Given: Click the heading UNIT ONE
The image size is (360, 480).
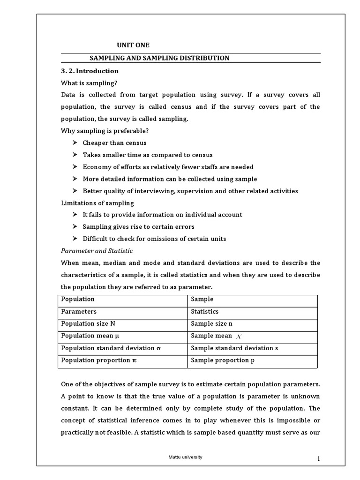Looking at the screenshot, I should (x=133, y=45).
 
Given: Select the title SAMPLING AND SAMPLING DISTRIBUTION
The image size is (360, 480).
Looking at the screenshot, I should (x=159, y=58).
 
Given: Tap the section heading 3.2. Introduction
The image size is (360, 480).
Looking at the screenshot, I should (x=90, y=71).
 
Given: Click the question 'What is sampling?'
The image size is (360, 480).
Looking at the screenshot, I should (x=89, y=83).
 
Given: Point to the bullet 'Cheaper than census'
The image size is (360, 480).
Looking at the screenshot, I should (x=114, y=143).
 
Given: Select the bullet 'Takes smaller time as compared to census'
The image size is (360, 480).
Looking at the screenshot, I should (x=147, y=155).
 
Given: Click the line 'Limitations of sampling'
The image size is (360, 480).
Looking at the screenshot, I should (x=97, y=203).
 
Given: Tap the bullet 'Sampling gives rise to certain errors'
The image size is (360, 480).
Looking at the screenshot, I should (x=138, y=227).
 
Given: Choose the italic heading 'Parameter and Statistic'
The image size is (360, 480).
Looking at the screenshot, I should (x=97, y=251).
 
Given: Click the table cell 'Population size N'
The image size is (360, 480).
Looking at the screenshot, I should (x=88, y=323).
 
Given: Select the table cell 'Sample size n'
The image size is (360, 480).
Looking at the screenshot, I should (x=211, y=323).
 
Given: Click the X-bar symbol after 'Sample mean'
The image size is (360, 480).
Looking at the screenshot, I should (x=239, y=336).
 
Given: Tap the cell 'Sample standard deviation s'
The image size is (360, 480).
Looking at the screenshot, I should (x=232, y=348).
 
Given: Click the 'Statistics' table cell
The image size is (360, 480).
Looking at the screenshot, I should (x=205, y=311).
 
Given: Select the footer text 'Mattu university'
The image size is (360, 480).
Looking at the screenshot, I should (x=186, y=457).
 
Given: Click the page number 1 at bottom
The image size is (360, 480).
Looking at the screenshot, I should (x=318, y=459).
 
